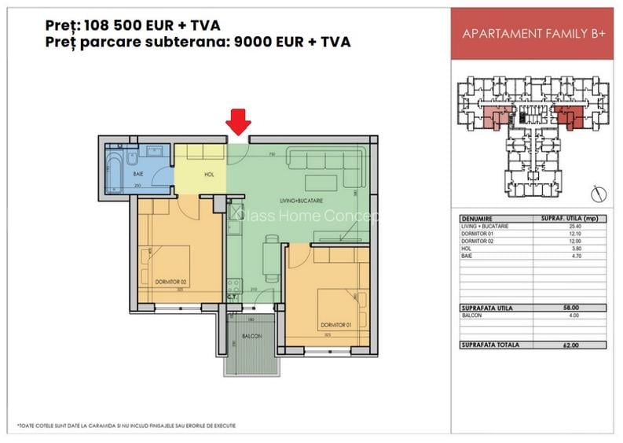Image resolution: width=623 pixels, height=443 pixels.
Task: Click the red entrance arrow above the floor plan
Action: [x=239, y=123]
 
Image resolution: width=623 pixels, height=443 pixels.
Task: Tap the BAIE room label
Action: [x=138, y=172]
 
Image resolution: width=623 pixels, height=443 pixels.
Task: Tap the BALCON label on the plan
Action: [x=251, y=337]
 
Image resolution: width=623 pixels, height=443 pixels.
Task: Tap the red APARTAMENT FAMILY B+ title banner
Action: [x=531, y=33]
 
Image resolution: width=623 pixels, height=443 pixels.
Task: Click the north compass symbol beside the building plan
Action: [x=598, y=191]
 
